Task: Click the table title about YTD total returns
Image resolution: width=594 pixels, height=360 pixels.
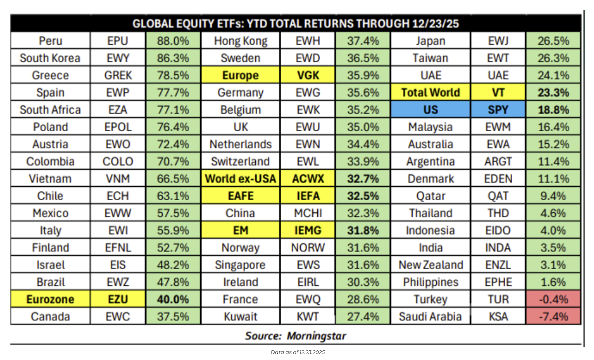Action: (296, 24)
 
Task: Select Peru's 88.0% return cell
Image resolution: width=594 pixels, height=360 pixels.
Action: (173, 41)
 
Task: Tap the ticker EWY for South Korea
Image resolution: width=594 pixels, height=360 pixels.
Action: (118, 58)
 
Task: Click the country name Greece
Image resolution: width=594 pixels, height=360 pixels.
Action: (50, 75)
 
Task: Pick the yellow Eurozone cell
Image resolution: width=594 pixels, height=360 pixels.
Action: (50, 299)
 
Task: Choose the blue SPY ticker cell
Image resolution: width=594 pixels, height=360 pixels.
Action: (498, 110)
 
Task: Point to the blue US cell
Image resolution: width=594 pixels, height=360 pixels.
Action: (430, 110)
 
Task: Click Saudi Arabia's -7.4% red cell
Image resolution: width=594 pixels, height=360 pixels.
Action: (553, 316)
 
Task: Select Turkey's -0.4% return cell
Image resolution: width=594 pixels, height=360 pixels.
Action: (553, 299)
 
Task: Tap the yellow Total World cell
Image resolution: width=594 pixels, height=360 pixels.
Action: (430, 92)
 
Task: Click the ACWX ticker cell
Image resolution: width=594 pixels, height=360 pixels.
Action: (308, 179)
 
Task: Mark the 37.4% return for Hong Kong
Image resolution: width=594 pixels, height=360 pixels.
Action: (363, 41)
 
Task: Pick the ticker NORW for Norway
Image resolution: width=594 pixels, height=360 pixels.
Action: (308, 248)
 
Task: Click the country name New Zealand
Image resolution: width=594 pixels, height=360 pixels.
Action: (430, 265)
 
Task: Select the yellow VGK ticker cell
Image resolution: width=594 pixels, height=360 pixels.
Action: (308, 75)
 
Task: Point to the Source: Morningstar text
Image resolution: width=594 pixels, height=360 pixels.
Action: (296, 336)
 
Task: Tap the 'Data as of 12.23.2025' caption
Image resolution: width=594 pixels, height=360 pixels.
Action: (297, 352)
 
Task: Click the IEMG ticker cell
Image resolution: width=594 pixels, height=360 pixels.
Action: (308, 230)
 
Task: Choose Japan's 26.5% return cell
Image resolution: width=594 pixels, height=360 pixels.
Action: (553, 41)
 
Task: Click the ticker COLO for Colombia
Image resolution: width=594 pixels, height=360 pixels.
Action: (118, 162)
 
